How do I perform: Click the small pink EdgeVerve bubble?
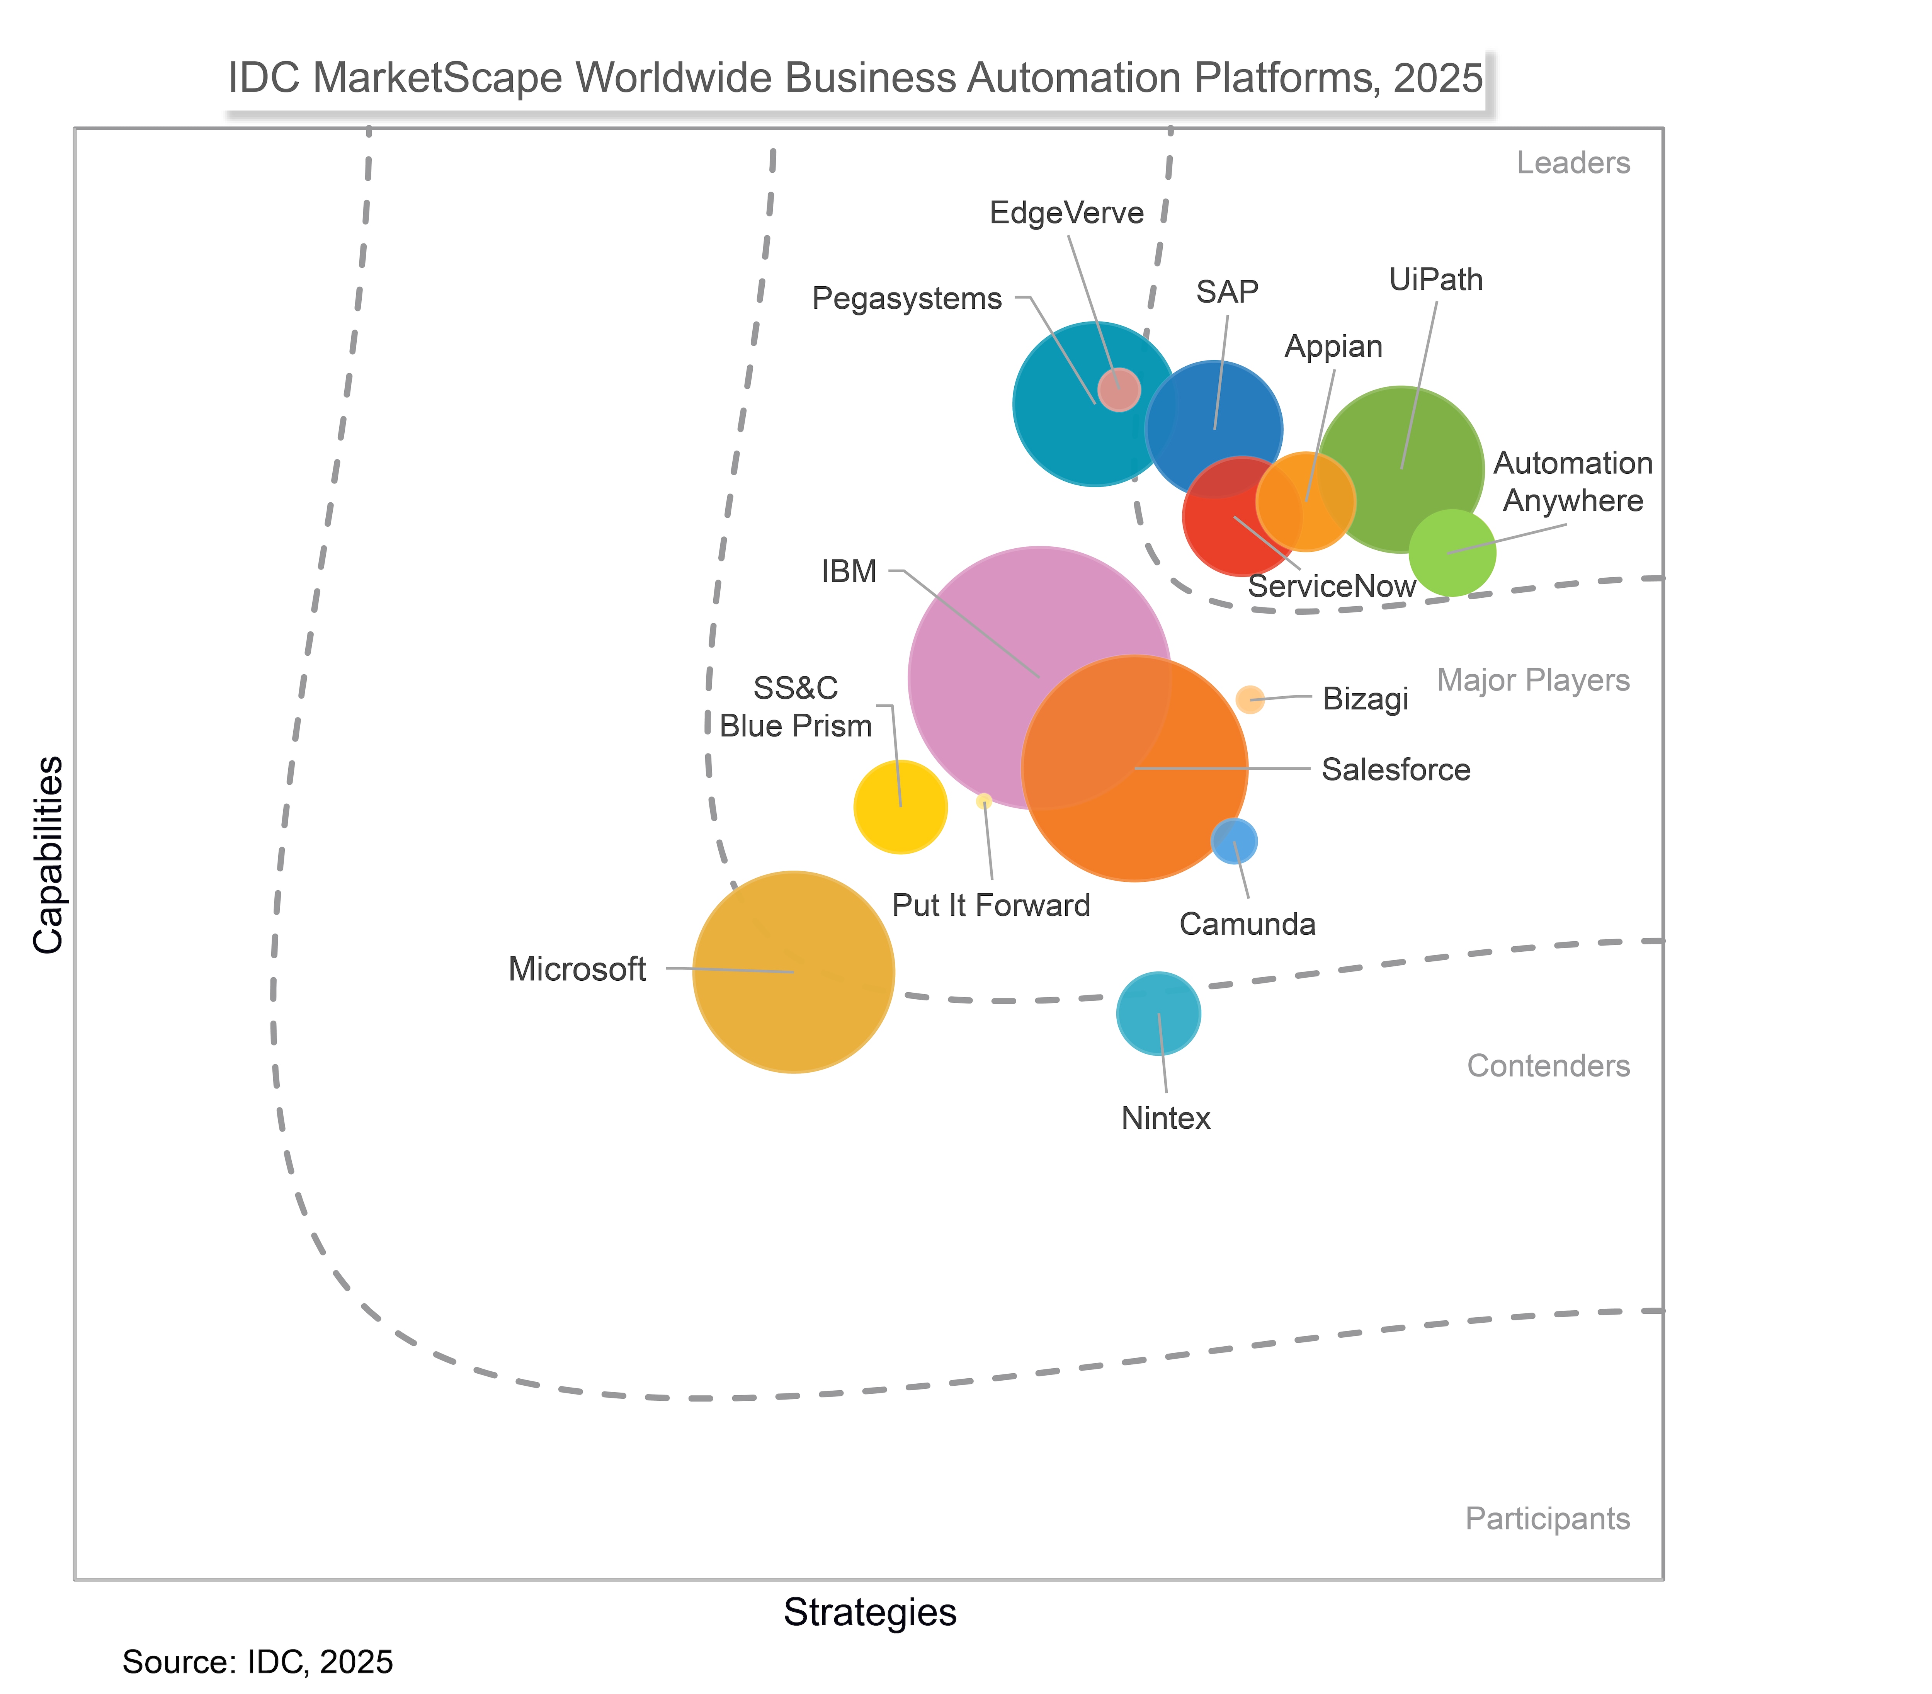1119,389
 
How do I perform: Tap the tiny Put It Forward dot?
984,801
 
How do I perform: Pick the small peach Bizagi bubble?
1250,699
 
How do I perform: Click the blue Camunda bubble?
1235,840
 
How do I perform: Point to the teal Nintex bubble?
1158,1014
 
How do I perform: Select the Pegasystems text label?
906,299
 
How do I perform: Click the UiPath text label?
1436,280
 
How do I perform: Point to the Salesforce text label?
1395,769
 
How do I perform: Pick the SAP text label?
1227,292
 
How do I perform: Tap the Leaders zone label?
1573,163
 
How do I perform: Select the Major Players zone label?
1533,680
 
